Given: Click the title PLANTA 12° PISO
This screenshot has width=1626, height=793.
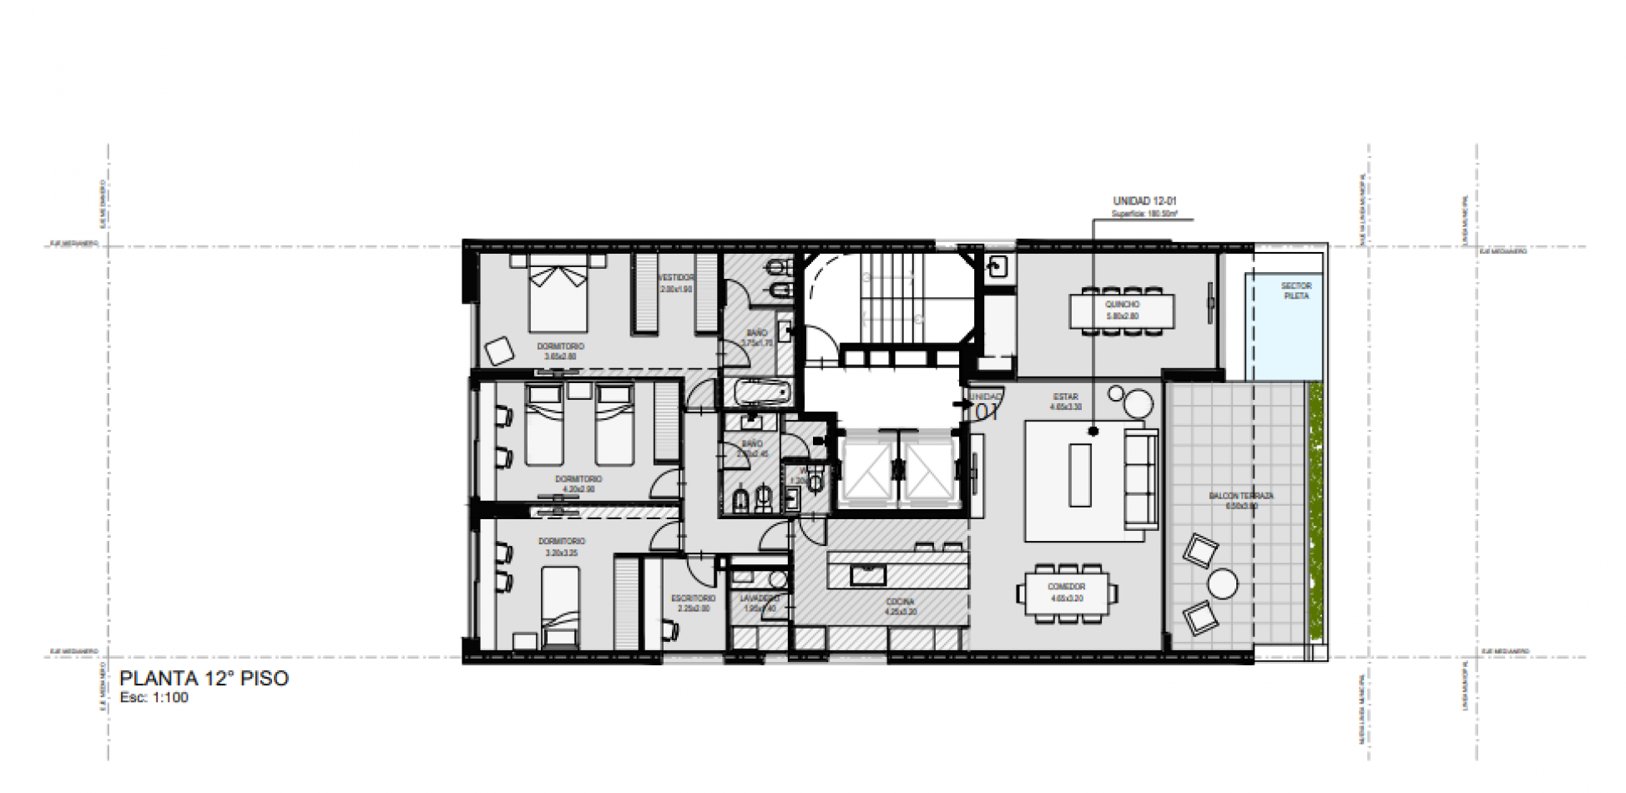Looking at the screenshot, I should (204, 678).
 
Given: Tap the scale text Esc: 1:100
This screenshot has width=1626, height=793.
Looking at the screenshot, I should (154, 698).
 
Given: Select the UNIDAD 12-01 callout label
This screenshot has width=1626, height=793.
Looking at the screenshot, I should (1144, 201).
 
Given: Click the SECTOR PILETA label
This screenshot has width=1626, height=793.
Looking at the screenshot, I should (1295, 290).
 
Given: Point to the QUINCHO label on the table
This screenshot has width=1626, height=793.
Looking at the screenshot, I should (1122, 305).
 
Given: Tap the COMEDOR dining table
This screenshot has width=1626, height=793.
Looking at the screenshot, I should (1067, 592).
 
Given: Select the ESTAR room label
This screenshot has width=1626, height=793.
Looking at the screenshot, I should (1065, 397).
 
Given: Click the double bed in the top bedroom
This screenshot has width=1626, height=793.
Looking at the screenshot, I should (558, 296).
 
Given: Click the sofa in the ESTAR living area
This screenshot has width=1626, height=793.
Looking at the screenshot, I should (1140, 479).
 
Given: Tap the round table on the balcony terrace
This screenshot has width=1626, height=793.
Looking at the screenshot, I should (1223, 583).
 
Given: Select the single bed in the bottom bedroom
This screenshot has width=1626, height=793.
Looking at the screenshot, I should (559, 605).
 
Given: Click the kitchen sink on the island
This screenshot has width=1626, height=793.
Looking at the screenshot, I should (868, 574).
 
